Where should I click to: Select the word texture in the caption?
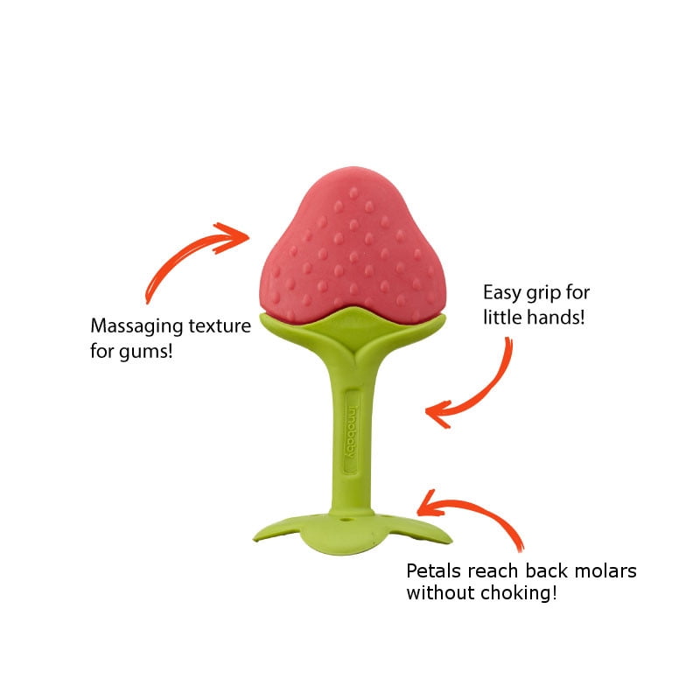tap(218, 328)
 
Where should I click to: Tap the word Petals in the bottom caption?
tap(432, 570)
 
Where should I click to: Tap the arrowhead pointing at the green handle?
tap(436, 411)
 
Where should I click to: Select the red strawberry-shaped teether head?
tap(359, 245)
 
